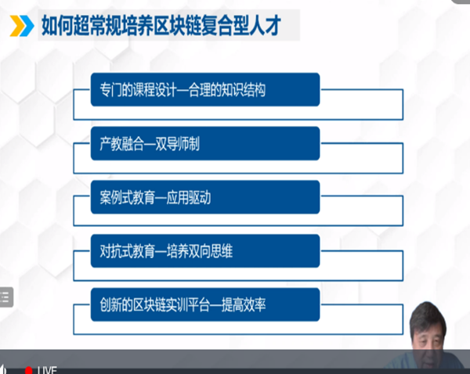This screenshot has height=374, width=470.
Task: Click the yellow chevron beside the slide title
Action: coord(17,26)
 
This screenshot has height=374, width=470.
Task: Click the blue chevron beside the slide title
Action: coord(27,26)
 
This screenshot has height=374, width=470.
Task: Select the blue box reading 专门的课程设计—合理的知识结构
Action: coord(205,89)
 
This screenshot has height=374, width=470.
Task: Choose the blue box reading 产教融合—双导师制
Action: coord(205,143)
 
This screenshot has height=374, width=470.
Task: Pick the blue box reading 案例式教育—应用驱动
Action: coord(205,197)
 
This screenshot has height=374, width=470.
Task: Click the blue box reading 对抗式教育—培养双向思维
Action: coord(205,251)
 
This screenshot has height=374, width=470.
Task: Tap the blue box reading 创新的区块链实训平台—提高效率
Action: coord(205,304)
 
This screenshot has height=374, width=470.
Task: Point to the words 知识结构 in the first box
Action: coord(243,90)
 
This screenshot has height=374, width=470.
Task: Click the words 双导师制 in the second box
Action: coord(178,144)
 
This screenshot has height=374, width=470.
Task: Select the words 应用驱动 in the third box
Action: coord(189,198)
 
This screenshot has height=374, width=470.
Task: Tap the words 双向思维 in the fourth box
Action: coord(211,251)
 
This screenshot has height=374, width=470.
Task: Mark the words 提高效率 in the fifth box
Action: coord(244,305)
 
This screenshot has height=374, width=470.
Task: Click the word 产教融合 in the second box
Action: coord(122,144)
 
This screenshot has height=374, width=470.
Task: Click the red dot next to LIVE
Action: coord(29,371)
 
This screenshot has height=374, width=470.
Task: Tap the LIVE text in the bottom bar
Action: coord(47,370)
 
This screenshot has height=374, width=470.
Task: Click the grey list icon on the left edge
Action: coord(6,297)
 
